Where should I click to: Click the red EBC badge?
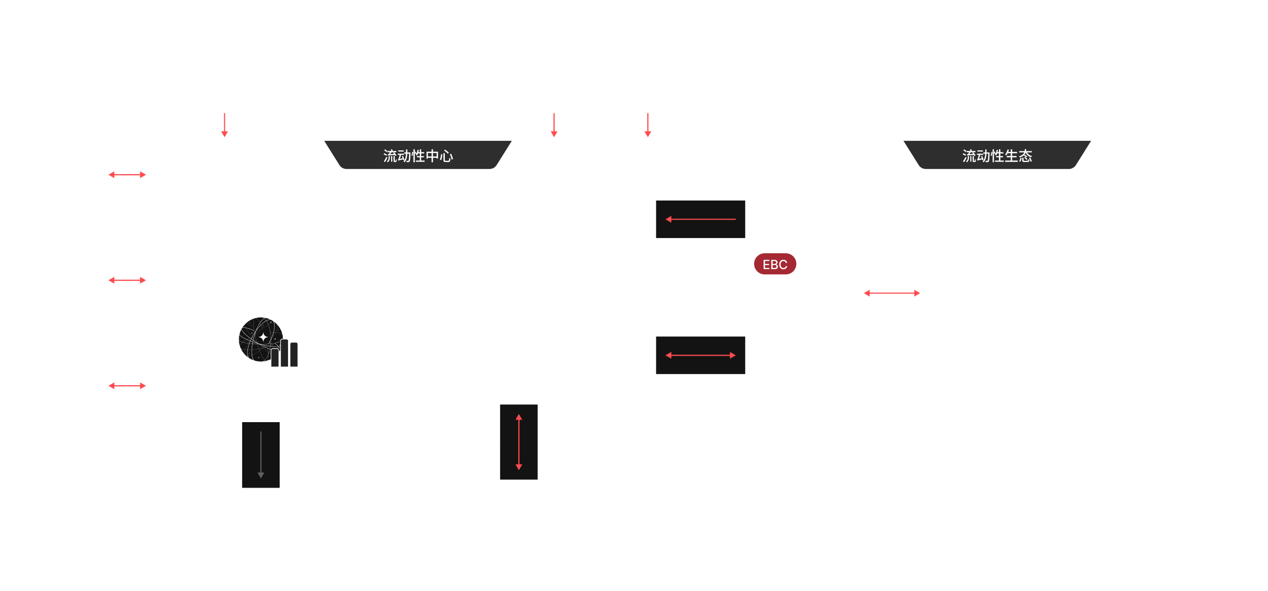point(775,264)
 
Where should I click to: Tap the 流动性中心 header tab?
point(418,156)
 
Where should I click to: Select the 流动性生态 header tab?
point(997,156)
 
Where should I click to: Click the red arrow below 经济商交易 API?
point(225,125)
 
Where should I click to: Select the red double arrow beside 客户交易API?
point(127,280)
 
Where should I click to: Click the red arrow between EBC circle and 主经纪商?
point(892,293)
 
